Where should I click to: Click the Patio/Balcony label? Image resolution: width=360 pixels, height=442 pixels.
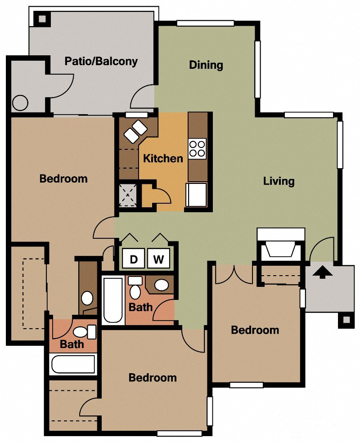(x=101, y=61)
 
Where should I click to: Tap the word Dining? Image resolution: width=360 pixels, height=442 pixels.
(x=206, y=65)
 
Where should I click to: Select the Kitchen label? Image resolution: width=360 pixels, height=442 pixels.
(x=163, y=158)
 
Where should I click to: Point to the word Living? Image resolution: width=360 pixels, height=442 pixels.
(x=279, y=181)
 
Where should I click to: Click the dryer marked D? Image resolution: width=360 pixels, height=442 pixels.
(x=134, y=259)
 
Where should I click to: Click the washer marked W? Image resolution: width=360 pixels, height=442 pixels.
(x=158, y=259)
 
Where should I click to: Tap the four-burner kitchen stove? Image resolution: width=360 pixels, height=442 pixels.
(x=197, y=149)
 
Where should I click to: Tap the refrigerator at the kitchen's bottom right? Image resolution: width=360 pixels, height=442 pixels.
(x=197, y=194)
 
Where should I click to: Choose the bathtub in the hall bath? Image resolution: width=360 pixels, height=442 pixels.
(x=113, y=300)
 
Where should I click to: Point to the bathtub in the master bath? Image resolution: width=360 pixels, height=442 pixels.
(x=73, y=364)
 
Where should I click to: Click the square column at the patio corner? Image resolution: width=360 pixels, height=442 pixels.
(x=42, y=19)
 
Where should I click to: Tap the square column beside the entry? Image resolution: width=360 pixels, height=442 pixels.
(x=346, y=320)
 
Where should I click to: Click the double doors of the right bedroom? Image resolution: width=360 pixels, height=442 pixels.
(x=234, y=274)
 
